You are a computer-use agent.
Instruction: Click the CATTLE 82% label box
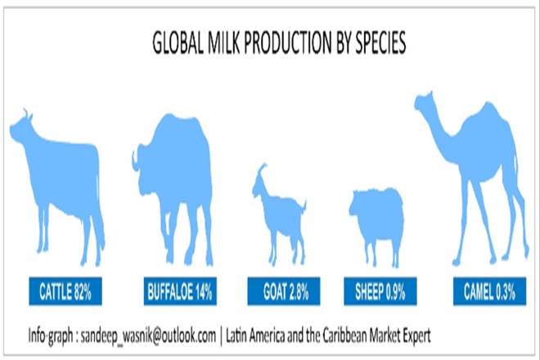click(x=65, y=291)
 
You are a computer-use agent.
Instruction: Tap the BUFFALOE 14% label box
click(x=180, y=291)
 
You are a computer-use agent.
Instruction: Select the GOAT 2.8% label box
click(x=284, y=291)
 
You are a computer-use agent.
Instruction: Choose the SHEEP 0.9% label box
click(x=380, y=291)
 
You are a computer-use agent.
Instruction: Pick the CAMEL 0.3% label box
click(x=490, y=291)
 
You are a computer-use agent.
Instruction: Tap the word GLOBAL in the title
click(x=178, y=43)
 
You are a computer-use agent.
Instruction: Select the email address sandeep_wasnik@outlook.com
click(x=148, y=335)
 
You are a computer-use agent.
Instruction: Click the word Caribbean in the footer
click(x=344, y=335)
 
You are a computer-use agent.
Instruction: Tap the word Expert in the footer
click(x=415, y=335)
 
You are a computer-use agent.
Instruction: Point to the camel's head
click(x=425, y=101)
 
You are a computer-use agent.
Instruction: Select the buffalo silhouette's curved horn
click(x=136, y=160)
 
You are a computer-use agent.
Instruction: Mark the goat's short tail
click(x=304, y=205)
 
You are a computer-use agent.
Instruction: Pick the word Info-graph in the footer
click(x=51, y=335)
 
